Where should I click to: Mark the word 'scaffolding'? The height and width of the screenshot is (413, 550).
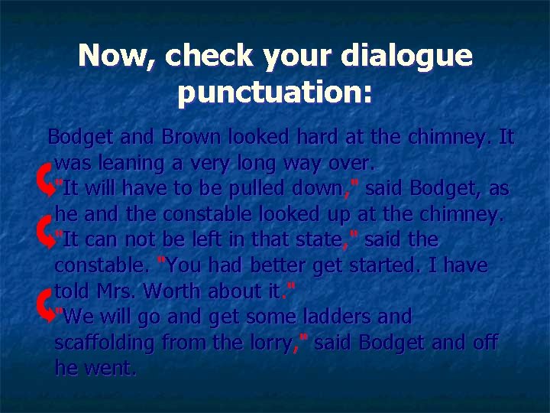(108, 343)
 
